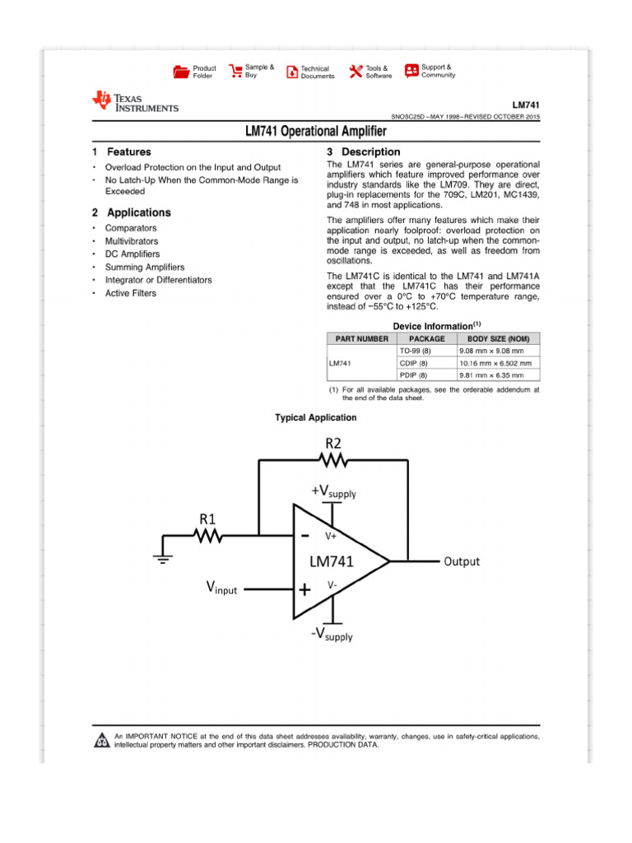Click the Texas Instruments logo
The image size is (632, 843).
coord(135,101)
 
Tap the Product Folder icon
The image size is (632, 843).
coord(181,72)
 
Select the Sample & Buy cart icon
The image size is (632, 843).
coord(235,70)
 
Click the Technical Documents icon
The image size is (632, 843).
coord(291,72)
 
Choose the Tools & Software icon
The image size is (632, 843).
coord(355,72)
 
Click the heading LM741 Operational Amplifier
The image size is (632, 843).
coord(316,132)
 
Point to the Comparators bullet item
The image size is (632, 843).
coord(130,228)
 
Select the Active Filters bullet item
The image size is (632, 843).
coord(130,293)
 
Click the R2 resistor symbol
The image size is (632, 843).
coord(333,459)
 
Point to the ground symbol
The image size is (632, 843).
coord(162,561)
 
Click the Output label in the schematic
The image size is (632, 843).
coord(462,561)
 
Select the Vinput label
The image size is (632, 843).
coord(221,588)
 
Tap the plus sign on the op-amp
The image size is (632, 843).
coord(304,589)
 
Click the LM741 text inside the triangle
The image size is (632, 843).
coord(332,562)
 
